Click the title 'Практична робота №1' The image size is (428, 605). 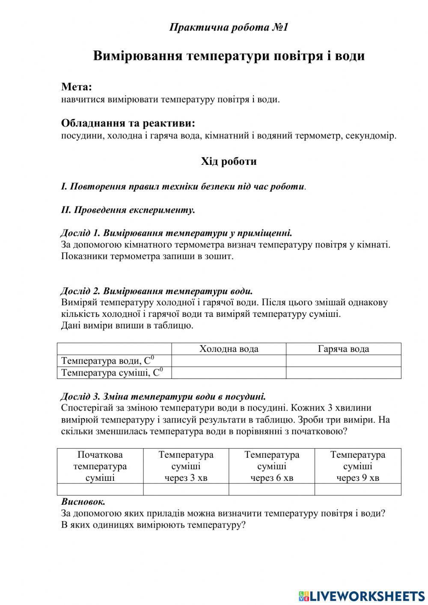tap(229, 27)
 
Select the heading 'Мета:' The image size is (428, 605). tap(77, 87)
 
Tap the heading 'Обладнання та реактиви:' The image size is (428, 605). tap(128, 123)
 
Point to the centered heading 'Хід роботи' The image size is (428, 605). tap(229, 161)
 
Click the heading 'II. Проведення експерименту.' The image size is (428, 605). tap(128, 210)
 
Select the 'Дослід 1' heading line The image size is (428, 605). tap(176, 233)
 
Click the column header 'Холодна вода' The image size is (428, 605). tap(229, 349)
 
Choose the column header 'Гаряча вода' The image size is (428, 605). tap(343, 349)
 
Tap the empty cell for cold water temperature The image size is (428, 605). tap(229, 361)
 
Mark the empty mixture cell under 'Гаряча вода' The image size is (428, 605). tap(343, 373)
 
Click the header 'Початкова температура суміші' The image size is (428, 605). tap(100, 466)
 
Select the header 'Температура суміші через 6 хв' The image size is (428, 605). tap(272, 466)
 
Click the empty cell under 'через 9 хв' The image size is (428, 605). tap(358, 489)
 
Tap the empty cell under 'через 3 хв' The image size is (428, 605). tap(186, 489)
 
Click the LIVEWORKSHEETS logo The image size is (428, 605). tap(362, 596)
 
